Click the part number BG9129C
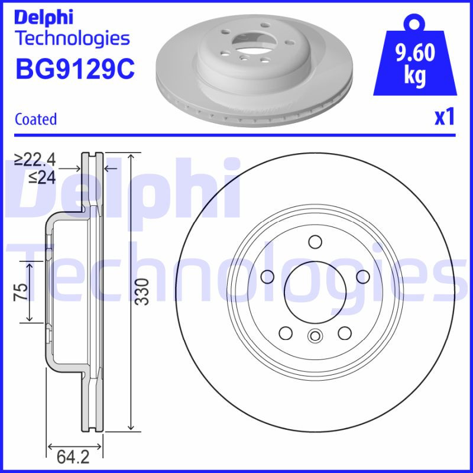(74, 69)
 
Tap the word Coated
(35, 119)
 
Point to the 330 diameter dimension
(141, 291)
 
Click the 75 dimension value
(21, 291)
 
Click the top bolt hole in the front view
(315, 242)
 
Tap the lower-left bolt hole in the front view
(285, 333)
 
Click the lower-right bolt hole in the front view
(345, 333)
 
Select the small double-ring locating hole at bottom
(315, 337)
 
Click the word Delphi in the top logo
(44, 17)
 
